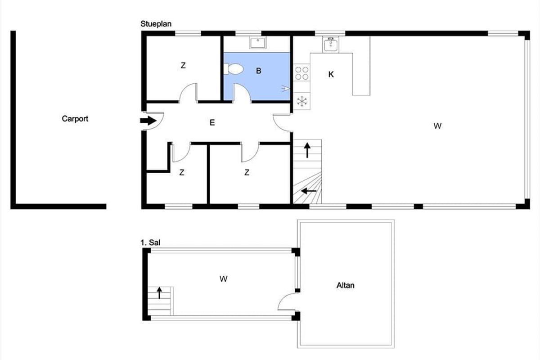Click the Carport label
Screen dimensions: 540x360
75,119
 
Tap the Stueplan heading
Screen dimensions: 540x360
156,24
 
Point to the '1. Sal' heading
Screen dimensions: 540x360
150,243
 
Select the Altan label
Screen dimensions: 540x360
346,285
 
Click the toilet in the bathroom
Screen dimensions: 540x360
234,69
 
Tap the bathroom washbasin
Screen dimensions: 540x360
258,43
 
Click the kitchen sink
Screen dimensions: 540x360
331,45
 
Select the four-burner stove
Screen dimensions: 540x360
302,73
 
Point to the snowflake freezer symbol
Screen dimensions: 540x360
302,101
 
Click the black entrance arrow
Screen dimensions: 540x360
148,121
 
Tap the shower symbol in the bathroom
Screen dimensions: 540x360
285,89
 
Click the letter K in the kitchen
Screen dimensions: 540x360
331,75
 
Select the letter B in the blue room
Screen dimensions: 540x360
258,71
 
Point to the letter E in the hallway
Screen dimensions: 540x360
212,123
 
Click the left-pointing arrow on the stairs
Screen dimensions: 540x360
309,191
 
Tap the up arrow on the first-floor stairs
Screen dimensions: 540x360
159,293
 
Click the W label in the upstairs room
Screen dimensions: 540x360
224,279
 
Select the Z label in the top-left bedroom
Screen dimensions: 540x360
183,65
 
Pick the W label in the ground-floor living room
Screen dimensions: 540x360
437,126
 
